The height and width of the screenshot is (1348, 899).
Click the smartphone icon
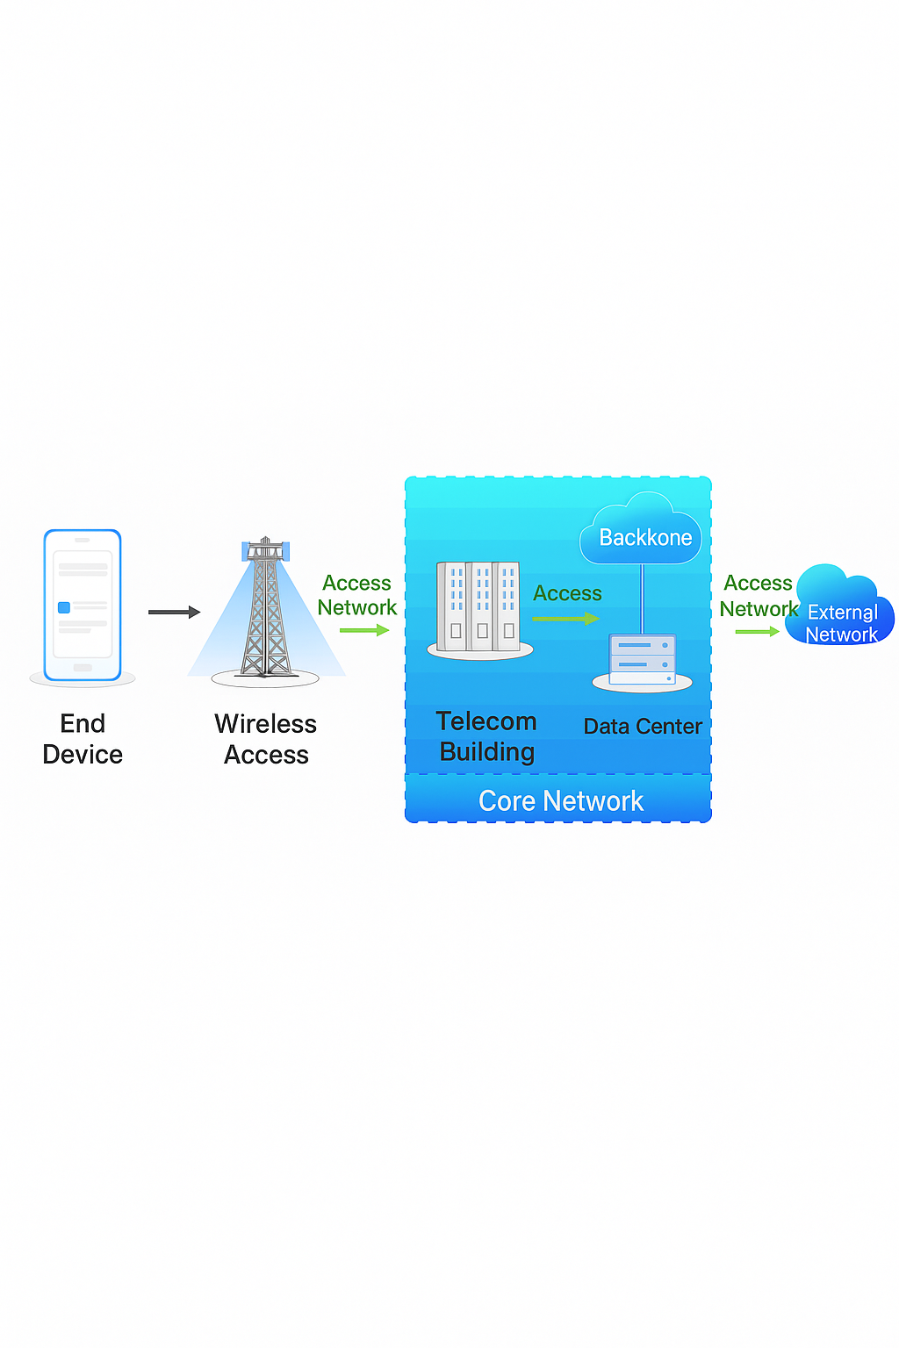coord(83,605)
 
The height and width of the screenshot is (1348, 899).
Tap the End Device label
coord(83,739)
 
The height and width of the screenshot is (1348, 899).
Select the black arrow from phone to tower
coord(174,612)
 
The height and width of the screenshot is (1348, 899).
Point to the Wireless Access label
coord(266,739)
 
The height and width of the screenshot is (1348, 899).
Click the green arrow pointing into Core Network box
coord(363,630)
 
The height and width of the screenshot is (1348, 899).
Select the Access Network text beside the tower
coord(357,595)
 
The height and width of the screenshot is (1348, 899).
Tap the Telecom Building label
coord(486,736)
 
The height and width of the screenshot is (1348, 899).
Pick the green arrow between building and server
coord(565,619)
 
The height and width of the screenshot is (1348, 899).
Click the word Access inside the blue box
coord(567,593)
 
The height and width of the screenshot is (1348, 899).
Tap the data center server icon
coord(643,660)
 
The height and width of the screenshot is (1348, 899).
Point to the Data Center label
coord(643,727)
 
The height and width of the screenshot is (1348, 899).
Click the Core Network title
coord(561,800)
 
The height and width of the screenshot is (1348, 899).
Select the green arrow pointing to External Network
coord(757,631)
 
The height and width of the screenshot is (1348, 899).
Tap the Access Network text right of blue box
coord(759,596)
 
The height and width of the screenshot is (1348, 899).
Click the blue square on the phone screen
coord(64,607)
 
